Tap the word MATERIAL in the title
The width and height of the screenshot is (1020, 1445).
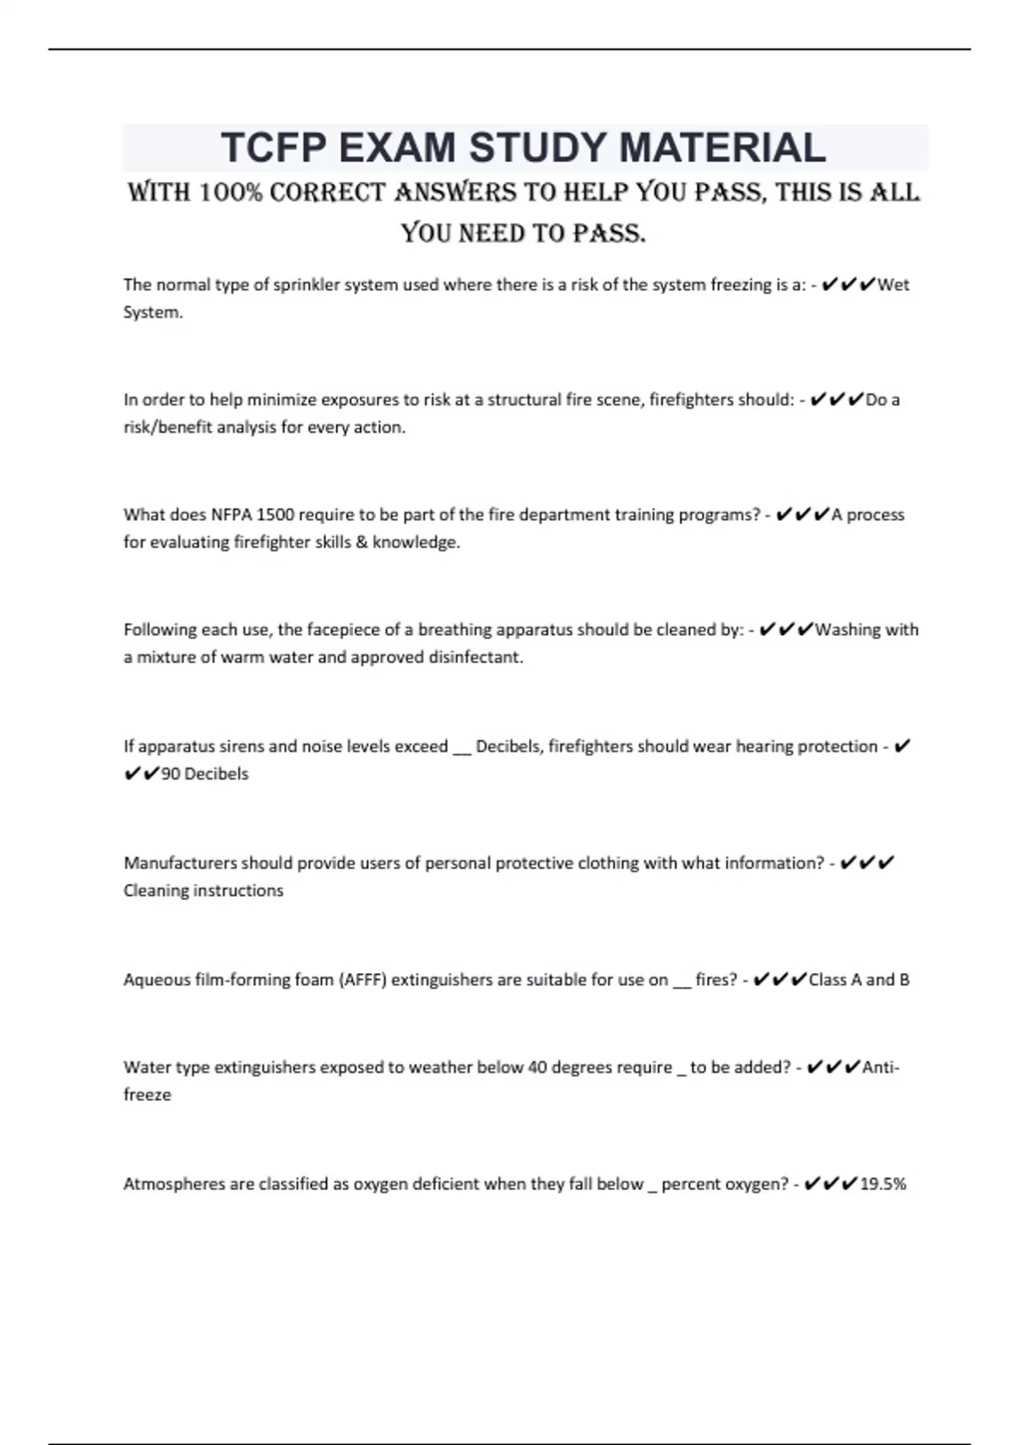(x=722, y=148)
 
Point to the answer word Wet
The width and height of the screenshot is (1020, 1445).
(x=893, y=285)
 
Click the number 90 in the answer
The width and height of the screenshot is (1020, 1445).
(x=170, y=774)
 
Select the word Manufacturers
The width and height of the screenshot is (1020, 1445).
(x=180, y=863)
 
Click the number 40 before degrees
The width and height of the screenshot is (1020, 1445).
(x=537, y=1068)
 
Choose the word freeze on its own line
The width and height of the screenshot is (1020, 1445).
(x=147, y=1095)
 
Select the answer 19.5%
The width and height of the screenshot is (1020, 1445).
(x=883, y=1184)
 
